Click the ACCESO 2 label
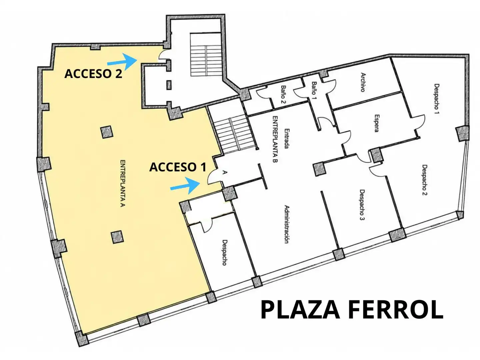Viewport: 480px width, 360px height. coord(93,74)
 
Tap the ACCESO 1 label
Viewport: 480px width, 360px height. coord(178,167)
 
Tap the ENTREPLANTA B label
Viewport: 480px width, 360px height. coord(275,139)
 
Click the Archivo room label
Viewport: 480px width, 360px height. coord(363,82)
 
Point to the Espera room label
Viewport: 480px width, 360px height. coord(376,123)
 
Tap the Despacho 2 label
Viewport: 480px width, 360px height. coord(425,180)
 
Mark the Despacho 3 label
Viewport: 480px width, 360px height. coord(362,205)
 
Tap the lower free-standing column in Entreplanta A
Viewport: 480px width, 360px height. coord(117,237)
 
